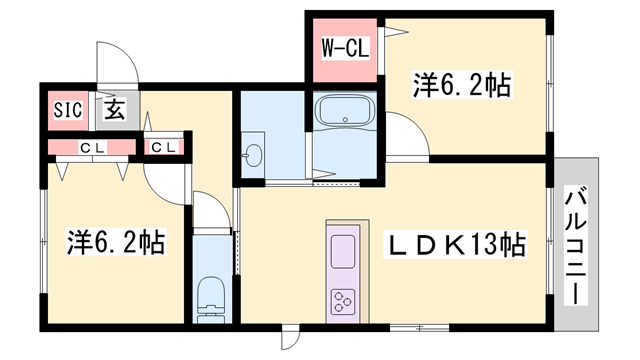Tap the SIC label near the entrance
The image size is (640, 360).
[66, 109]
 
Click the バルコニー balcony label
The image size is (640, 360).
[576, 244]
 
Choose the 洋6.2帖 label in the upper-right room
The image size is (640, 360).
[462, 87]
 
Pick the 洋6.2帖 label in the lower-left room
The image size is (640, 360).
[116, 242]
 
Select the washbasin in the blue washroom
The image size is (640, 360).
[252, 156]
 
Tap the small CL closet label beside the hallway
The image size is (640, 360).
[163, 148]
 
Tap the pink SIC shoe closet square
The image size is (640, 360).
[66, 109]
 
